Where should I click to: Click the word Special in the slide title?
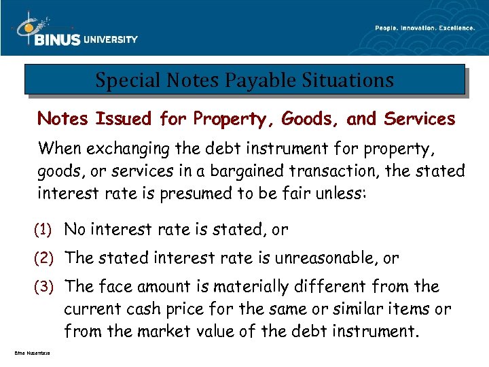click(121, 81)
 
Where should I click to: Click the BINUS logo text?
click(56, 40)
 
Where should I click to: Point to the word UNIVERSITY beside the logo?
click(110, 39)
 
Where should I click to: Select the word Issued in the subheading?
click(124, 119)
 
